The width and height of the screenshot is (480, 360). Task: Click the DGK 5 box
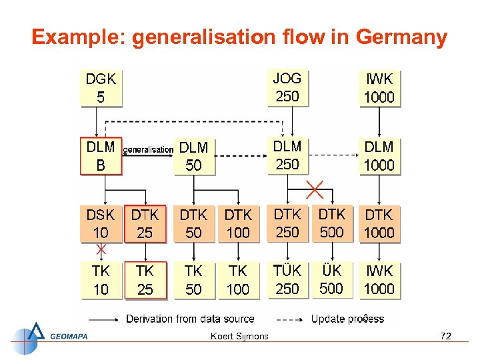[x=101, y=88]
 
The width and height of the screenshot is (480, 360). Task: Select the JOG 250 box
[x=287, y=87]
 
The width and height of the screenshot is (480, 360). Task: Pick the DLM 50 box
[x=193, y=157]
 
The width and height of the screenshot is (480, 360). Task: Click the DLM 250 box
[x=287, y=155]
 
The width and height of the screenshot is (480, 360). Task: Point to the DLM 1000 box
[x=379, y=156]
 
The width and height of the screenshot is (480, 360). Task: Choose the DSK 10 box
[x=101, y=224]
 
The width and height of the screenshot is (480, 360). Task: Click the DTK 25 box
[x=145, y=224]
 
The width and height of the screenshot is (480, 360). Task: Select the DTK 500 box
[x=331, y=223]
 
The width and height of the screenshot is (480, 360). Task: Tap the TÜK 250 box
[x=287, y=280]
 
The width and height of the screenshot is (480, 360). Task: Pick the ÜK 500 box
[x=331, y=280]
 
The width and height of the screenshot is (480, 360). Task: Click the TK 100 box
[x=238, y=280]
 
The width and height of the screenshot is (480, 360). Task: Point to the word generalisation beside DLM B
[x=148, y=150]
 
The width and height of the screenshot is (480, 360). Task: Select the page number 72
[x=446, y=336]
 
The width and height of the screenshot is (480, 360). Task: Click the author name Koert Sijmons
[x=239, y=336]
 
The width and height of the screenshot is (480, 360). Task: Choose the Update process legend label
[x=347, y=319]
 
